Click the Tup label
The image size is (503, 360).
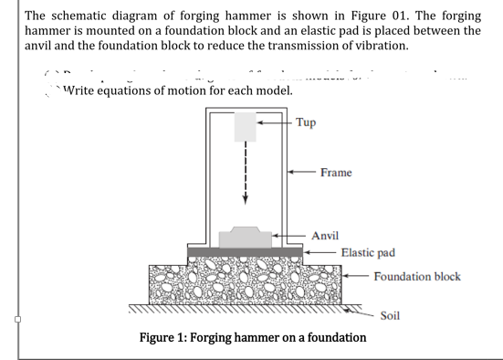tap(307, 122)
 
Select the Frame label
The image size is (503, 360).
tap(336, 172)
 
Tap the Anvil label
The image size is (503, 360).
tap(326, 236)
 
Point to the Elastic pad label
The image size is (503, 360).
tap(368, 252)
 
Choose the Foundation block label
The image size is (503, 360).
tap(417, 276)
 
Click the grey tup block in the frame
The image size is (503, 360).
tap(245, 126)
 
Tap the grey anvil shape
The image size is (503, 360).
tap(246, 238)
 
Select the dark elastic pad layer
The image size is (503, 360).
tap(245, 251)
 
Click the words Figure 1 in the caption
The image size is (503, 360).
tap(162, 337)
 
